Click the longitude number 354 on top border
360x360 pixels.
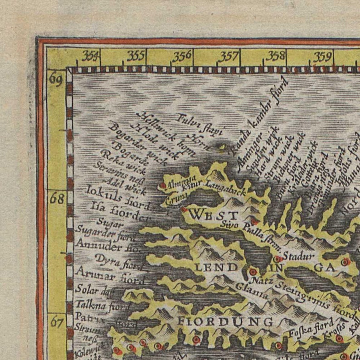(91, 56)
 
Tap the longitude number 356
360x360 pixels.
(183, 56)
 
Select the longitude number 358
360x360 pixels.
(276, 56)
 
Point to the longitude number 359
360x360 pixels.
(322, 56)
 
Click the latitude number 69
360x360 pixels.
(56, 79)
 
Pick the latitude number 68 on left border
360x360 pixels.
(57, 199)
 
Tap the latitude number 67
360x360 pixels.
(57, 322)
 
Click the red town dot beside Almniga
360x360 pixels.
(163, 185)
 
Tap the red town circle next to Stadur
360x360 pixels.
(277, 259)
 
